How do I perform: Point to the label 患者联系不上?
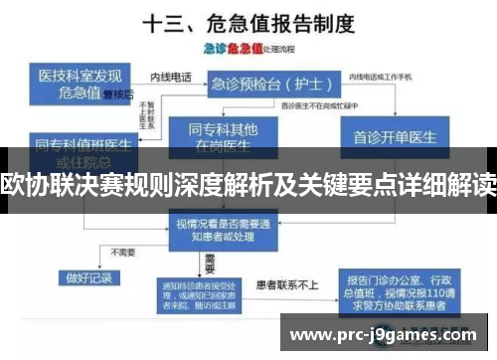point(289,283)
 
